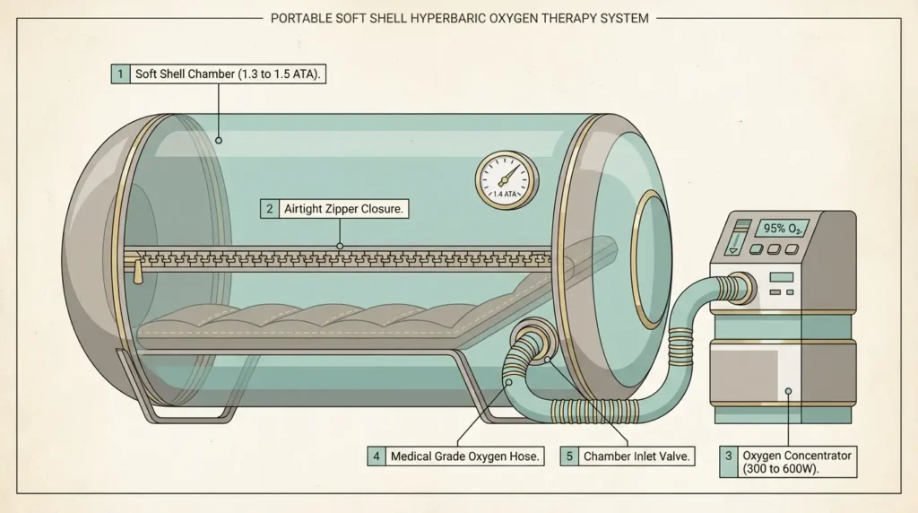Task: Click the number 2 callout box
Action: [x=269, y=209]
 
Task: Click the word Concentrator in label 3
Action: [x=817, y=456]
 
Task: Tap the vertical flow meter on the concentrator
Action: [x=735, y=239]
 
